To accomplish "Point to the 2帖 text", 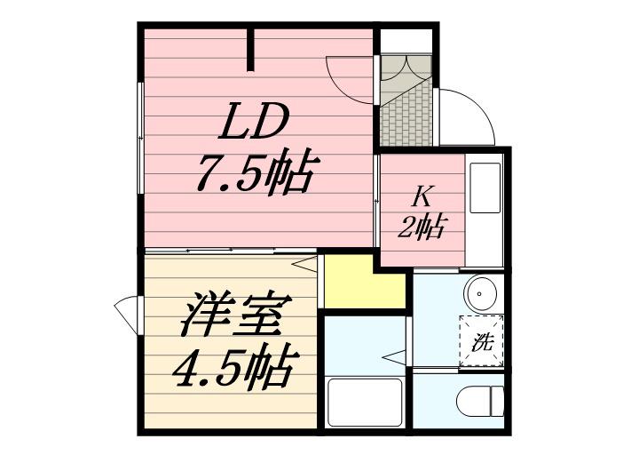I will coord(420,227).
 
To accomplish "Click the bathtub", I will coord(364,402).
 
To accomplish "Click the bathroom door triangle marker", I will coord(391,358).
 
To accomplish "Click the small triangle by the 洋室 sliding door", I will coord(307,262).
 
